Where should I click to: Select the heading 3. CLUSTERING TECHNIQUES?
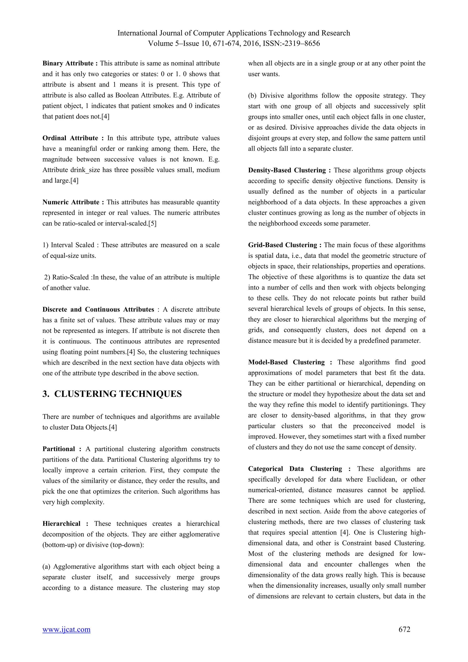(x=112, y=394)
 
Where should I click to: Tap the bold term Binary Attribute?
(x=68, y=63)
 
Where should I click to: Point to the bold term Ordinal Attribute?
(x=70, y=138)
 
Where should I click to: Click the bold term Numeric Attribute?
(x=71, y=202)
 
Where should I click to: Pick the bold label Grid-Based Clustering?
(x=282, y=245)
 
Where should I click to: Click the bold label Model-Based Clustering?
(x=286, y=362)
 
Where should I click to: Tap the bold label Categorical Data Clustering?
(x=295, y=469)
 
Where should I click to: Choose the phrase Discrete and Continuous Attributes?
(x=98, y=309)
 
